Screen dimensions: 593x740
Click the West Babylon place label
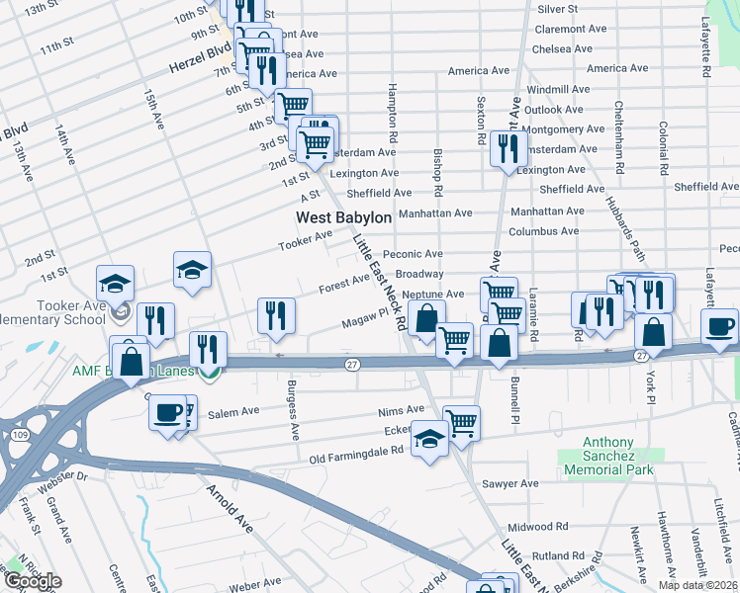(x=343, y=216)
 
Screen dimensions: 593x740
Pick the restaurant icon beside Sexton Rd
(x=506, y=148)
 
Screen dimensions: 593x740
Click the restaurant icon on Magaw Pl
(x=276, y=315)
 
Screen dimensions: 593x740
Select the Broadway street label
(x=418, y=274)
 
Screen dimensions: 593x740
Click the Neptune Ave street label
(x=433, y=295)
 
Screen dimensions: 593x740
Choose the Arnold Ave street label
(x=229, y=508)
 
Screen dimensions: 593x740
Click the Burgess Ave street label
(x=292, y=409)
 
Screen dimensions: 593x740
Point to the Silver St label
(x=557, y=9)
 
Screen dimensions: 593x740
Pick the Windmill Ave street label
(x=558, y=89)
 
